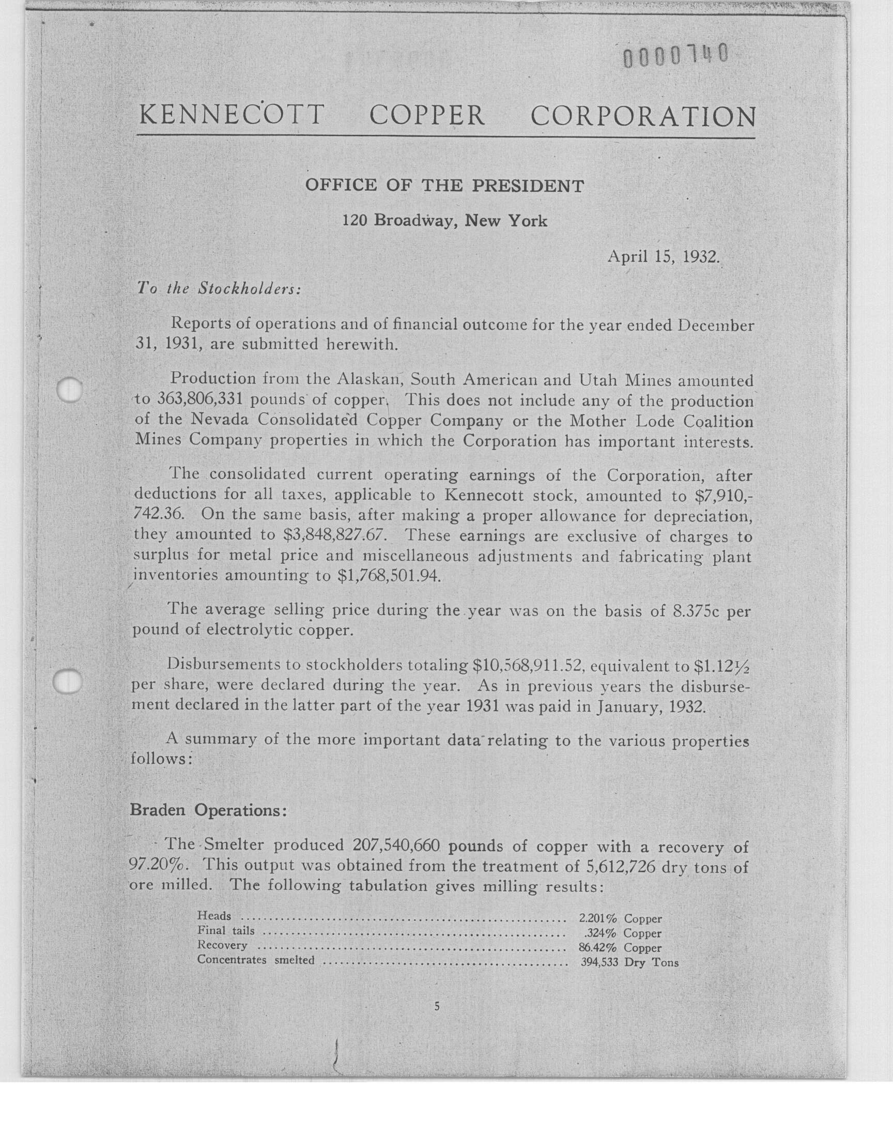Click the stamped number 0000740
click(x=675, y=56)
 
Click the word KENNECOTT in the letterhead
click(x=231, y=116)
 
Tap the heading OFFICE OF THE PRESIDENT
click(x=444, y=186)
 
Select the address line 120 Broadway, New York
click(x=444, y=221)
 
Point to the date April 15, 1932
click(x=664, y=257)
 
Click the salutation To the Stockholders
click(x=219, y=288)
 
